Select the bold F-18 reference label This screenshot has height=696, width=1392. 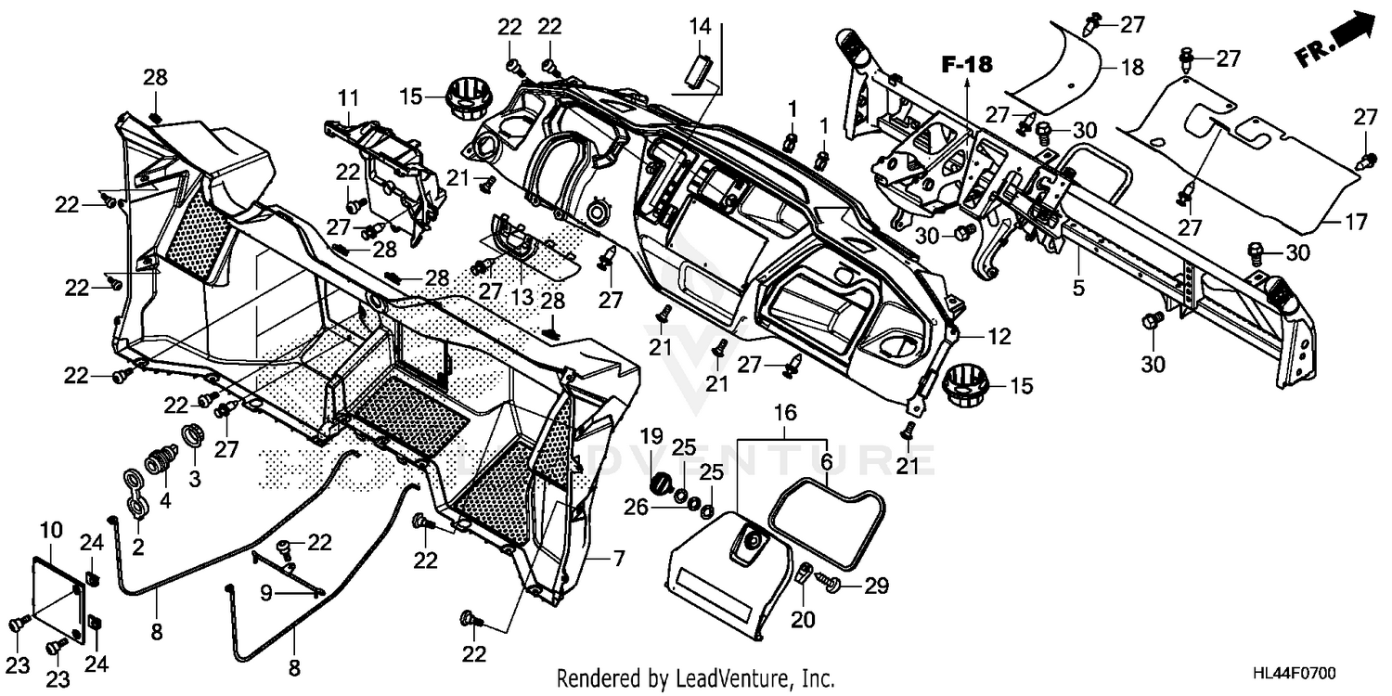point(966,64)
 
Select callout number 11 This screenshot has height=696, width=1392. point(347,97)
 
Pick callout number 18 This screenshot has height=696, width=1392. point(1132,67)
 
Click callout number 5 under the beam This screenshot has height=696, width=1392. point(1077,289)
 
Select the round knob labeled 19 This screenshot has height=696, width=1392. point(663,484)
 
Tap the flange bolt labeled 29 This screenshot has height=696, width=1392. point(831,585)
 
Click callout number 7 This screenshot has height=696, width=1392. point(617,559)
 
